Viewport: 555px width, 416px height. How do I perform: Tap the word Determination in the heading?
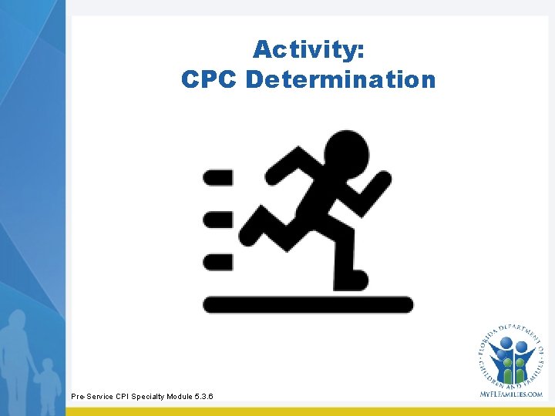tap(341, 79)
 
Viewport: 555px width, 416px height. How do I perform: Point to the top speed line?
tap(217, 178)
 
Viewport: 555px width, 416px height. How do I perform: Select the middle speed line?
tap(217, 220)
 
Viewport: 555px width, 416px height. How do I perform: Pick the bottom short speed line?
tap(217, 262)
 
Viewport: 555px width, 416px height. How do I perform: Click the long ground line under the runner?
tap(308, 304)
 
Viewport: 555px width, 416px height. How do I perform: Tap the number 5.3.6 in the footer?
tap(205, 397)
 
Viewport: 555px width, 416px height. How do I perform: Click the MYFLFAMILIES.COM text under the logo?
tap(511, 394)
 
